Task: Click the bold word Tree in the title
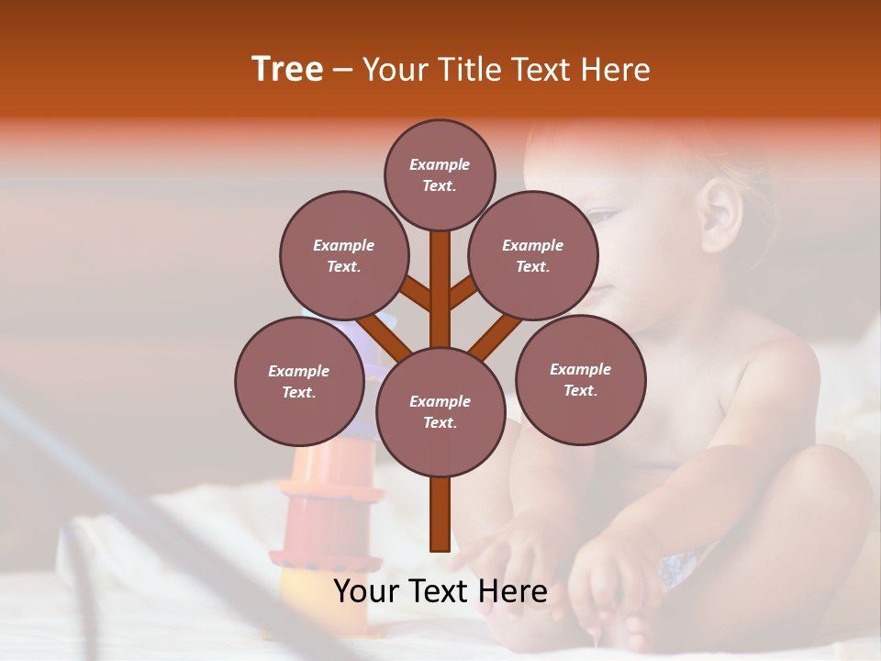pos(287,69)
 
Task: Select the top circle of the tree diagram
pos(440,175)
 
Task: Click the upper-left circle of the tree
pos(343,256)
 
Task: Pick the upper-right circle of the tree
pos(533,256)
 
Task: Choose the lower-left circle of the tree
pos(299,381)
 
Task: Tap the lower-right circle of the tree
pos(580,380)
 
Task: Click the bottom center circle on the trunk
pos(440,412)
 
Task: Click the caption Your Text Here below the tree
pos(440,591)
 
